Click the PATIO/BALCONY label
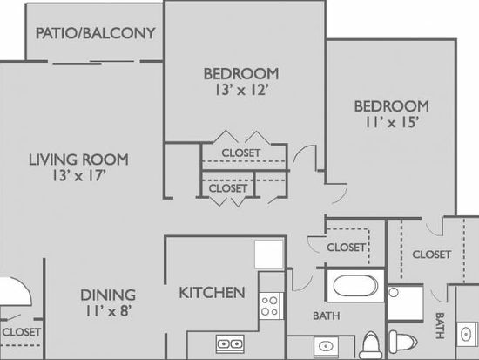click(x=96, y=33)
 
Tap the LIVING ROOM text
click(x=78, y=160)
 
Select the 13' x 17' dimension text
click(x=79, y=176)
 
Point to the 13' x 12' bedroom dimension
click(x=242, y=91)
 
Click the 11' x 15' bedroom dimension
click(x=392, y=122)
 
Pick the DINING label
click(x=108, y=295)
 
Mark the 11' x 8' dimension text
click(x=109, y=311)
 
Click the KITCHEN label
click(x=212, y=293)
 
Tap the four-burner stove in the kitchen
click(x=270, y=306)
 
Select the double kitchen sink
click(x=230, y=344)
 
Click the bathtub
click(x=355, y=286)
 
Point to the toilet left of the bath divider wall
click(x=370, y=346)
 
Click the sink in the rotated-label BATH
click(x=468, y=334)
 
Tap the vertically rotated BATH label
click(x=440, y=325)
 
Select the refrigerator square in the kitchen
click(x=269, y=255)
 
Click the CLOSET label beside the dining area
click(x=22, y=332)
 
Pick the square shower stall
click(x=406, y=302)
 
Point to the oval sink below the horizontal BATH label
click(x=326, y=347)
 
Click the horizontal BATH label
click(x=327, y=316)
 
